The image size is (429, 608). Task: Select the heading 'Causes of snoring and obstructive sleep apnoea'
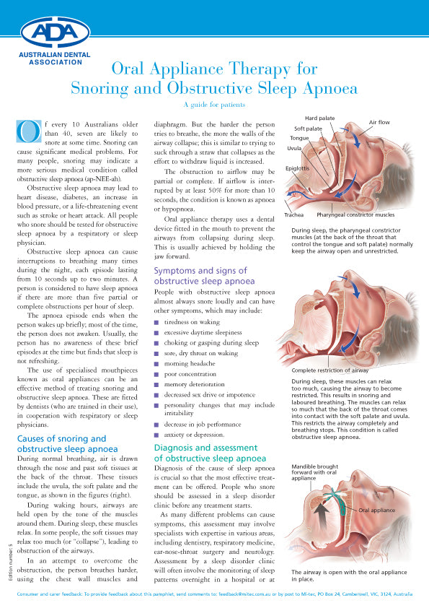[x=61, y=444]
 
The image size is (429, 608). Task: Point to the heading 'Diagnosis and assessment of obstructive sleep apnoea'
[x=211, y=453]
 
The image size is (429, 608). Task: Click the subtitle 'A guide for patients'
[x=213, y=104]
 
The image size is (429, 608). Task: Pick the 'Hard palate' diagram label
[x=319, y=118]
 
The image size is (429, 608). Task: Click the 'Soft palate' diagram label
[x=308, y=129]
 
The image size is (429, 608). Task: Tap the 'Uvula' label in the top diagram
[x=294, y=147]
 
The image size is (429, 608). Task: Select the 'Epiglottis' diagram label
[x=298, y=168]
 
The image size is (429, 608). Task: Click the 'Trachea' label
[x=293, y=214]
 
